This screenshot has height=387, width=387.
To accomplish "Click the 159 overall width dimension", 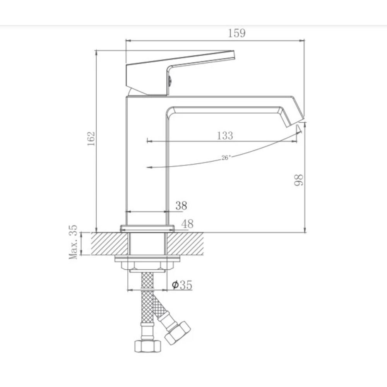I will point(237,33).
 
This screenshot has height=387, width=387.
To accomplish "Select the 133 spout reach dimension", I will point(225,135).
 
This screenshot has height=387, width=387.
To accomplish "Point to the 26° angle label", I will point(226,158).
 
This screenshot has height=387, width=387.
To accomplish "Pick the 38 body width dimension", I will point(181,205).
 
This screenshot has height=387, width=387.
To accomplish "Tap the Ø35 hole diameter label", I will point(182,285).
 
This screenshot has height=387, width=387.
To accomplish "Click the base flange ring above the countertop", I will point(147,228).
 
